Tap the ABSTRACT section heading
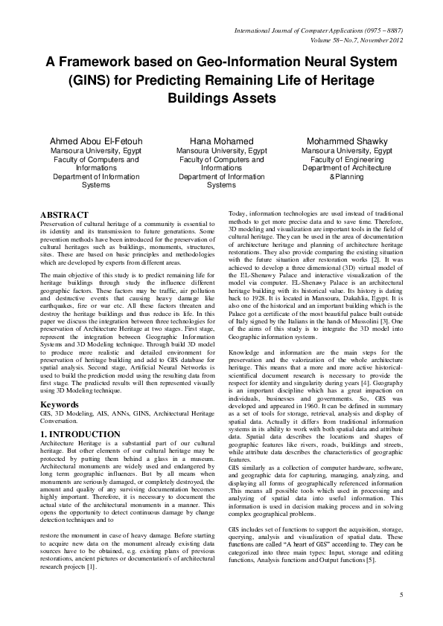pyautogui.click(x=65, y=213)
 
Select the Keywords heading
pyautogui.click(x=59, y=405)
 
